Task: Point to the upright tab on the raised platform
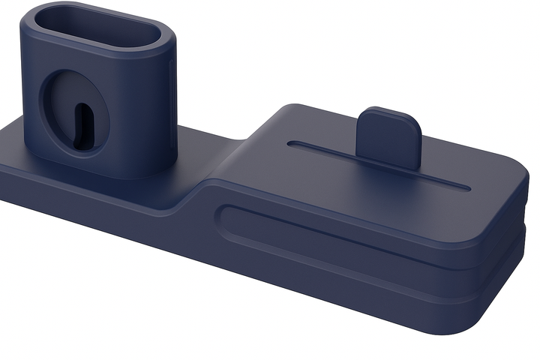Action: pyautogui.click(x=388, y=139)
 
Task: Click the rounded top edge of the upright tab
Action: pyautogui.click(x=388, y=112)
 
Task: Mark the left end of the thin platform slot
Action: pyautogui.click(x=293, y=144)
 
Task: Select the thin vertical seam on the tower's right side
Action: pyautogui.click(x=175, y=90)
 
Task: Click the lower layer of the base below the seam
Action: pyautogui.click(x=375, y=300)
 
